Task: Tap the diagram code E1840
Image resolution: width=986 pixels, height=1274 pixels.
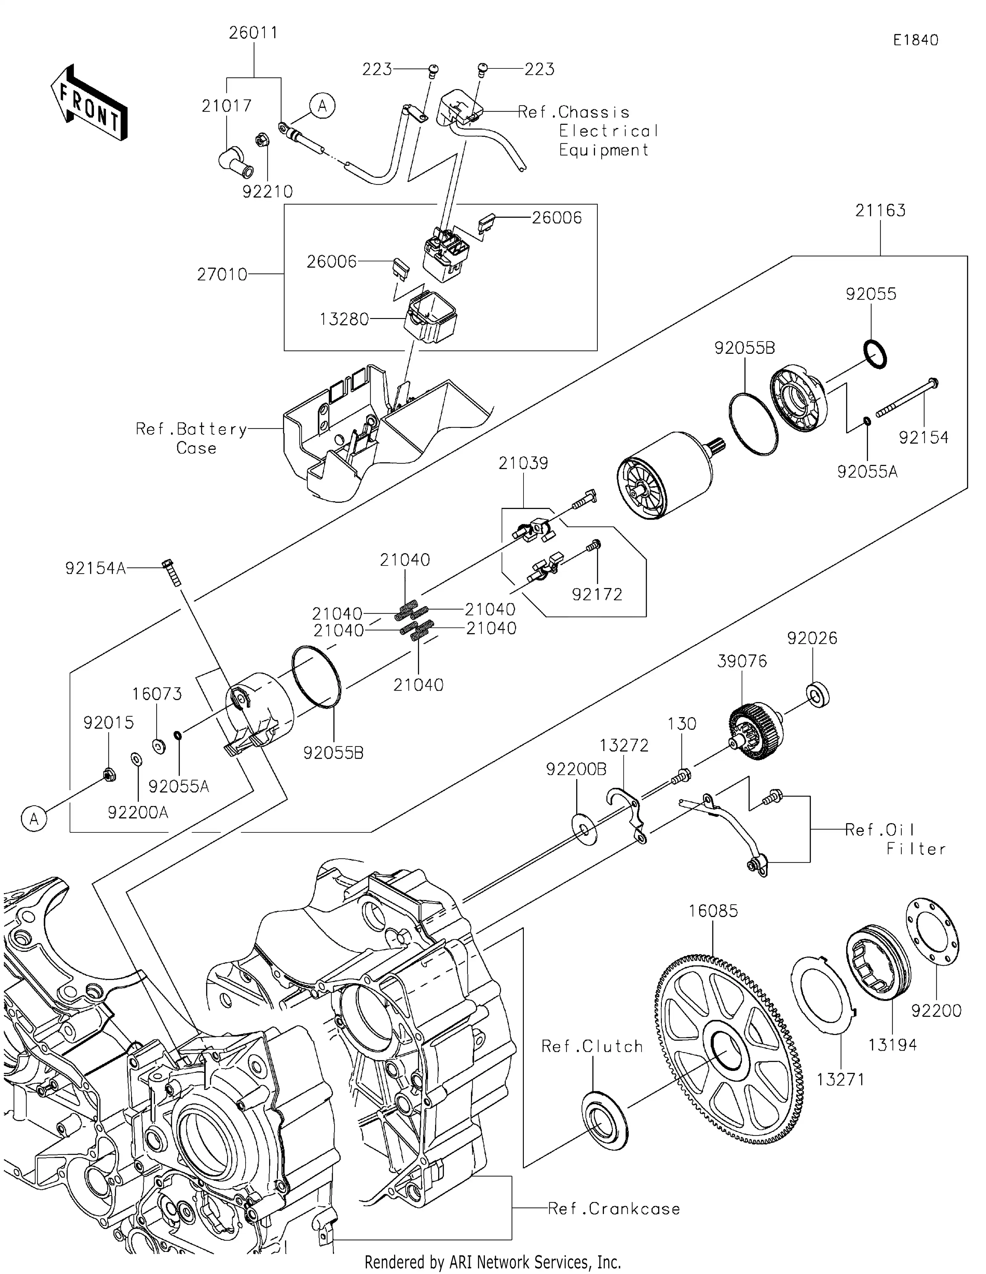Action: coord(915,40)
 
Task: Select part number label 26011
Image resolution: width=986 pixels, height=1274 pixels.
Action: coord(253,33)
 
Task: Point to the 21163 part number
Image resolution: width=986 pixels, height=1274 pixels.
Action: coord(880,210)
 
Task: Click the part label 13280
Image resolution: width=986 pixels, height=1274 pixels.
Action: coord(344,320)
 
